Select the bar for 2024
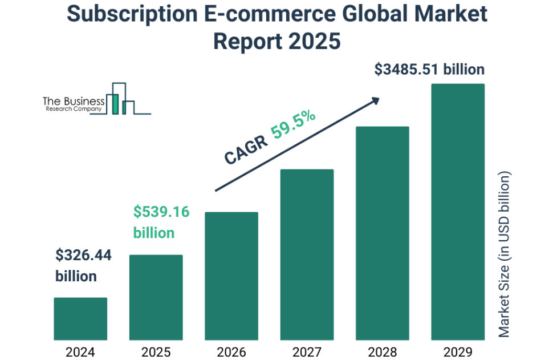[x=80, y=318]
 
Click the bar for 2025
[x=156, y=297]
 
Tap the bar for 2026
[x=231, y=276]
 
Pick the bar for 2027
[x=307, y=254]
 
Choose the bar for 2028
[x=383, y=233]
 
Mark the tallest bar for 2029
[x=458, y=212]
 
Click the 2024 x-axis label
[x=80, y=351]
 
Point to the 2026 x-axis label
[x=231, y=351]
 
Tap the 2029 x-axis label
[x=458, y=351]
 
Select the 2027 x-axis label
[x=307, y=351]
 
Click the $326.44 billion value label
[x=83, y=266]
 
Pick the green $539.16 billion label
[x=161, y=223]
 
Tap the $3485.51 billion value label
[x=429, y=70]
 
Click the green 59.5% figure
[x=293, y=124]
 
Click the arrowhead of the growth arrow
[x=375, y=100]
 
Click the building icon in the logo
[x=121, y=100]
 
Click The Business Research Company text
[x=74, y=104]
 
